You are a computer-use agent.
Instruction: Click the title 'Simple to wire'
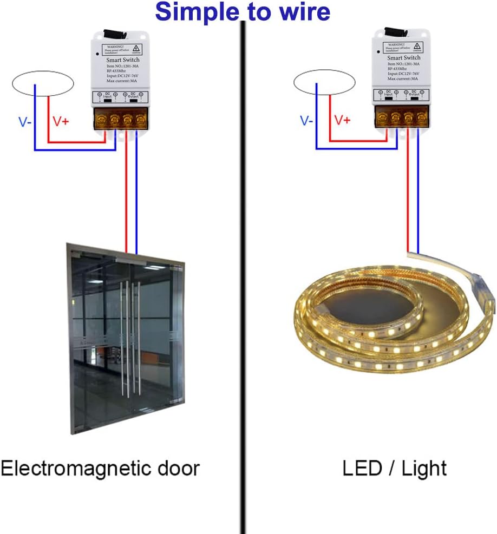(243, 11)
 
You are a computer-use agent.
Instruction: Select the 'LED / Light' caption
(394, 468)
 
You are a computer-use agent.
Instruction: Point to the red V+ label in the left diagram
(61, 122)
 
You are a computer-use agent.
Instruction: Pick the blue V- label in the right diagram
(306, 121)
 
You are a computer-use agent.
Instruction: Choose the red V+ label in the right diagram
(342, 120)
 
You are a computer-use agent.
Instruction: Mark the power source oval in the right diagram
(324, 83)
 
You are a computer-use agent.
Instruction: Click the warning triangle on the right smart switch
(417, 47)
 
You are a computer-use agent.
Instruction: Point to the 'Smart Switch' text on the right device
(403, 57)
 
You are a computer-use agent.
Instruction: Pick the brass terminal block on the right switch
(402, 116)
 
